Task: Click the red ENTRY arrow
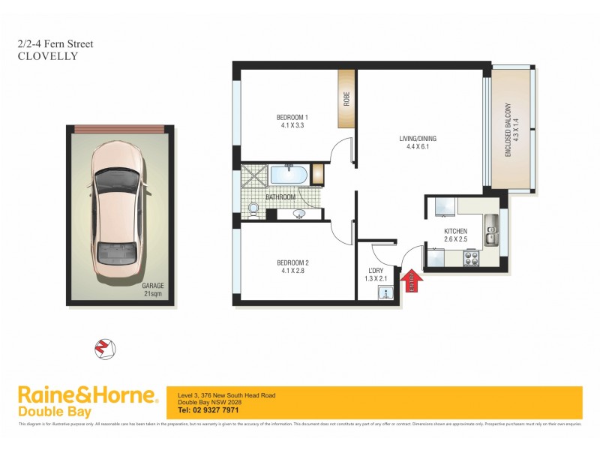(412, 280)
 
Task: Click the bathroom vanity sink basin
(301, 214)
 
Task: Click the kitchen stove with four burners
(472, 259)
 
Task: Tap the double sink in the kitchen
(490, 230)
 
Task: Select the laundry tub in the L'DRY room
(385, 292)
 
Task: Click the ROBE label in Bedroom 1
(346, 98)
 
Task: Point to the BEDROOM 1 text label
(292, 117)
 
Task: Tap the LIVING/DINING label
(418, 138)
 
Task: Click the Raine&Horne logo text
(87, 395)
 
